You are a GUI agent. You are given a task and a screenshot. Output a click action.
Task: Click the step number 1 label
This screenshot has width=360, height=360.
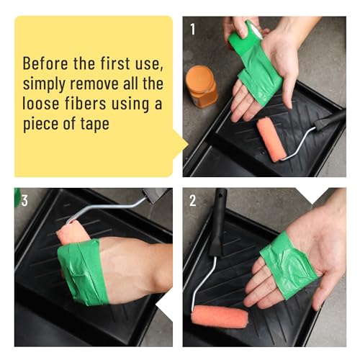[x=193, y=30]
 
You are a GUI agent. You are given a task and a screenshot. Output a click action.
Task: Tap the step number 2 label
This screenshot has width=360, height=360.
[x=193, y=200]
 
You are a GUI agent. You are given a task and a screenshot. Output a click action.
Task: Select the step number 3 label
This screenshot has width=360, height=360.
[x=24, y=200]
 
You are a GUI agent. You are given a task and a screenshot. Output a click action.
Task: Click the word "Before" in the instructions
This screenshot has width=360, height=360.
[x=45, y=63]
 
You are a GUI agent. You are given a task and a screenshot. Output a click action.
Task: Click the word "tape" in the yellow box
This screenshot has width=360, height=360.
[x=95, y=124]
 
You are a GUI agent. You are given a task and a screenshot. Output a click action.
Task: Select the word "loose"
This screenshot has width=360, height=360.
[x=41, y=104]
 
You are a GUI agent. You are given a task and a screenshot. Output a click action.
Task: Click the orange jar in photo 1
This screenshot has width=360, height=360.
[x=202, y=86]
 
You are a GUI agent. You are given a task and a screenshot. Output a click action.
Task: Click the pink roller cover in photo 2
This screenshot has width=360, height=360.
[x=220, y=317]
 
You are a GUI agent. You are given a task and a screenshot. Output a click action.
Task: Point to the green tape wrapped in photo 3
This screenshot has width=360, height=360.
[x=82, y=272]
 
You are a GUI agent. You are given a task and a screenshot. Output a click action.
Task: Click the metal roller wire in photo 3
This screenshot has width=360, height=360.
[x=106, y=207]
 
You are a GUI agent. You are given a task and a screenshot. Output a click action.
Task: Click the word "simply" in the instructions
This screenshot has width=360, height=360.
[x=44, y=84]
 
